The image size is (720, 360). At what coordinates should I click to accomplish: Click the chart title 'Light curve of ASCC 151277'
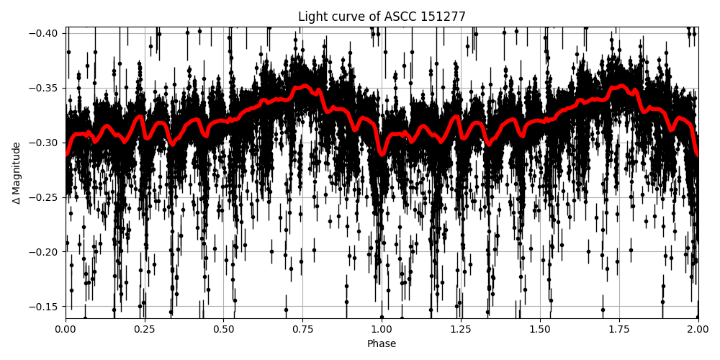(x=382, y=17)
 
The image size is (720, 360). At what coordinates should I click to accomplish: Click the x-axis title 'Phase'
(x=382, y=344)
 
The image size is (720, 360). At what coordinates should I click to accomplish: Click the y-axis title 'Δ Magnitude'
(x=17, y=173)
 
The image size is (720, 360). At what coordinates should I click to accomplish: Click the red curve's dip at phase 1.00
(x=382, y=153)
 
